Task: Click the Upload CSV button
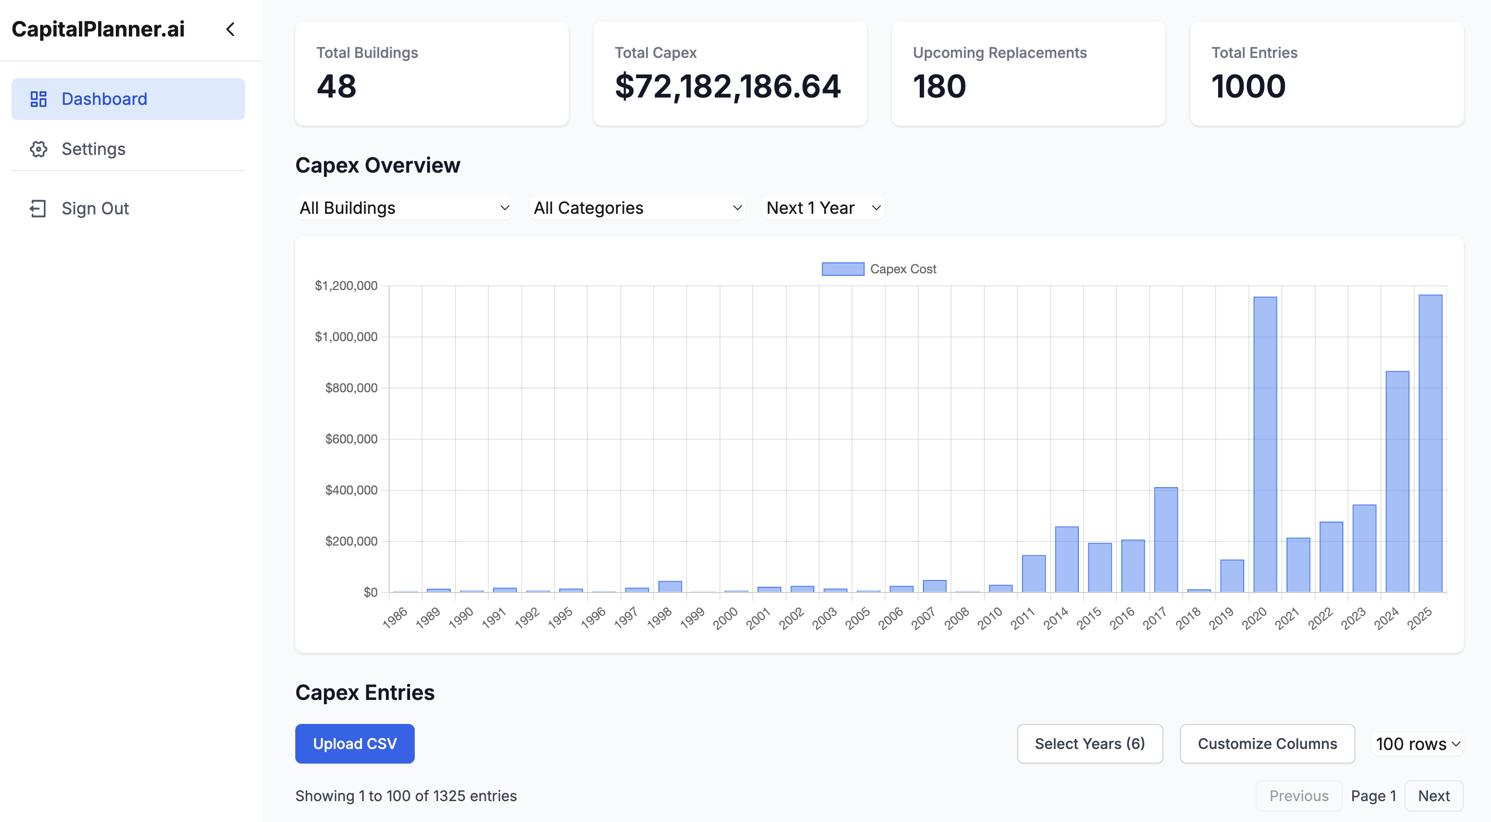(x=354, y=743)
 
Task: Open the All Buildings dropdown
(x=404, y=208)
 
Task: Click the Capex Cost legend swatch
(x=843, y=269)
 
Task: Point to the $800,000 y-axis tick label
(x=351, y=388)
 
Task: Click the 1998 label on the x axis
(x=659, y=618)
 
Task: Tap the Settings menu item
(x=93, y=149)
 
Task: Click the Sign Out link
(x=95, y=209)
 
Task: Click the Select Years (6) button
(x=1089, y=743)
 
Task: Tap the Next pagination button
(x=1433, y=795)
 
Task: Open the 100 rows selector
(x=1417, y=743)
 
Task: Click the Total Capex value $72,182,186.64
(x=727, y=87)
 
